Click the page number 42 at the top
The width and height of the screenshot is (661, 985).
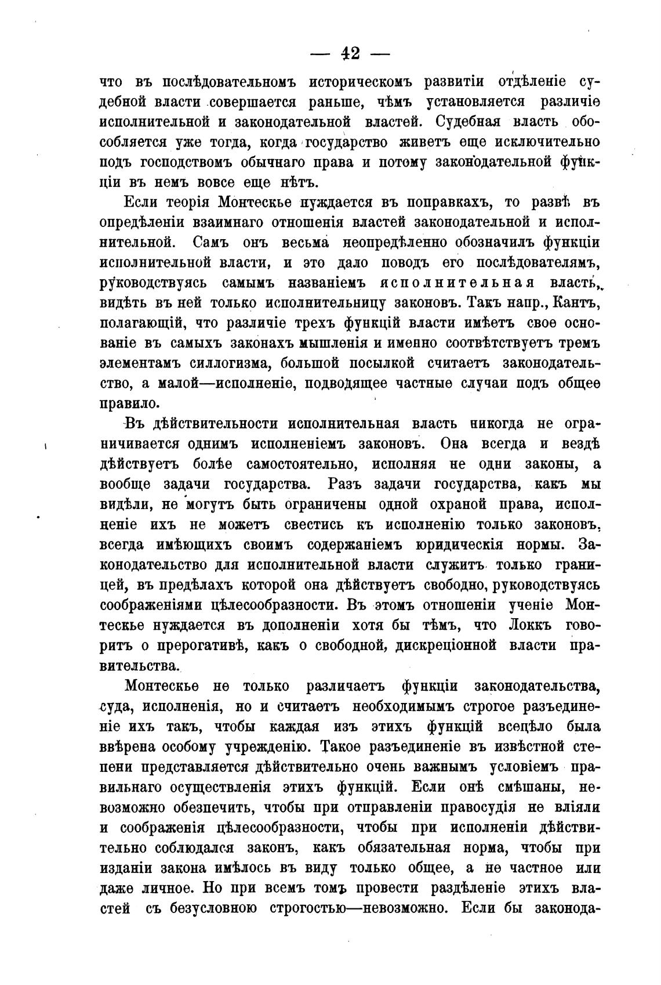tap(350, 54)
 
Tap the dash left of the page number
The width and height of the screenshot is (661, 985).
tap(319, 55)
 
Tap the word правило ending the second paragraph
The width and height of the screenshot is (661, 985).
tap(128, 403)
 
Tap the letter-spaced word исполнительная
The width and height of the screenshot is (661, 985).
tap(457, 283)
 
